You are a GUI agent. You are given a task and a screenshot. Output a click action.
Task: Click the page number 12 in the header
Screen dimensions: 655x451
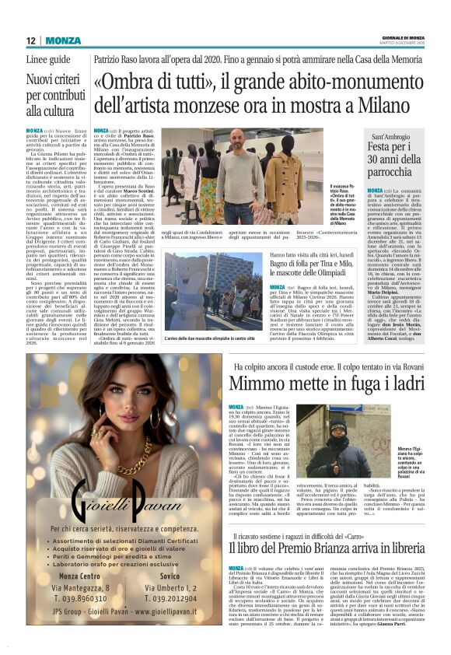pos(31,40)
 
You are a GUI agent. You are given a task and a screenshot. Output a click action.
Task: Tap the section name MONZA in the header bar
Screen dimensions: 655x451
pos(62,40)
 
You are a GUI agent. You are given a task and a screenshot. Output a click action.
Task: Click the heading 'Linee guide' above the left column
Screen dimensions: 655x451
pos(48,60)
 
